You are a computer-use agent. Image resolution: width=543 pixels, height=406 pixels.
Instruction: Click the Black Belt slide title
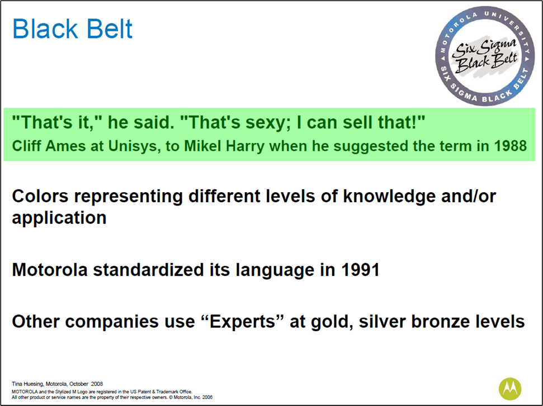72,28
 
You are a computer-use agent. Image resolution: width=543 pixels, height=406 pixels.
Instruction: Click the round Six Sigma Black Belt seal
485,56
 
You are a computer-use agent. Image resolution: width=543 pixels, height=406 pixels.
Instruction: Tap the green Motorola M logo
510,389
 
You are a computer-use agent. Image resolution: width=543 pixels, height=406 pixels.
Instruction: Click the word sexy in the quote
267,123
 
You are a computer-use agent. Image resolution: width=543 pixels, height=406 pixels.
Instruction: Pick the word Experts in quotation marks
242,322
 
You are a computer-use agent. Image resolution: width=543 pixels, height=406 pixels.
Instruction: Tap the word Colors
40,196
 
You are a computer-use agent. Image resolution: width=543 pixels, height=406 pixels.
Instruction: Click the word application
59,218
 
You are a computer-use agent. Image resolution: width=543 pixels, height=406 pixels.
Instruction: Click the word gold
332,322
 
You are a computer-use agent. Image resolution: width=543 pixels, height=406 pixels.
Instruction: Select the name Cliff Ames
49,146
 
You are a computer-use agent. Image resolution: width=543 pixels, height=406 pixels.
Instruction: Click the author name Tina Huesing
28,384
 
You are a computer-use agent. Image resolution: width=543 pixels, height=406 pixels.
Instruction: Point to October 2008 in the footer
86,384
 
